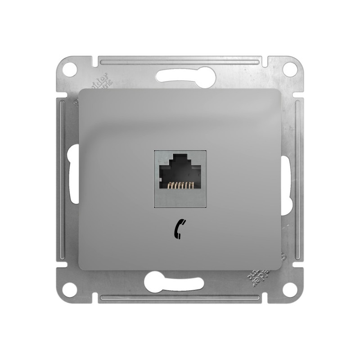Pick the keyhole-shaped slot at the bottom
(180, 283)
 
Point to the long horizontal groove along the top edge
(180, 60)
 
